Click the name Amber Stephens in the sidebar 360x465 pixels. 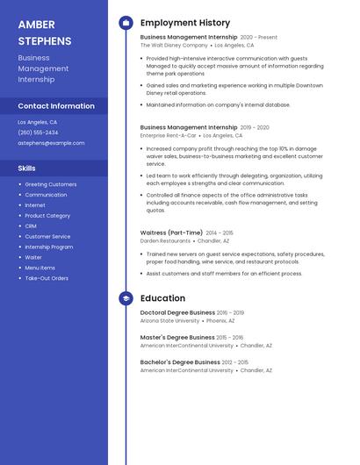coord(45,32)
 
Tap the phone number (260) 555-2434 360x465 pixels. coord(38,132)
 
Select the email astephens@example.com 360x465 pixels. coord(51,143)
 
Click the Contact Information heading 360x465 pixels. coord(56,106)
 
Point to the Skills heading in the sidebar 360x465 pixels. coord(27,168)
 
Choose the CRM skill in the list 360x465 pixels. coord(31,226)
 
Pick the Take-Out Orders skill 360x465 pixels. coord(47,278)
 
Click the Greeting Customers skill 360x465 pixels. coord(51,184)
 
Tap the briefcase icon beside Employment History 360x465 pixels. coord(126,23)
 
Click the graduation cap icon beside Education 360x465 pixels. coord(126,298)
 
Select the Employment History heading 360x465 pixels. coord(185,23)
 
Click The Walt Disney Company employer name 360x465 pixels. coord(175,46)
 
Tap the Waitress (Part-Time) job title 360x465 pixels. coord(172,232)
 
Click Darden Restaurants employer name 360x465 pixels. coord(165,240)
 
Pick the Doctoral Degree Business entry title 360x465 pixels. coord(177,312)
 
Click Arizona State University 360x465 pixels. coord(169,321)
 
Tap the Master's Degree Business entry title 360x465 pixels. coord(177,337)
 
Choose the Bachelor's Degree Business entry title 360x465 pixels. coord(180,361)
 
